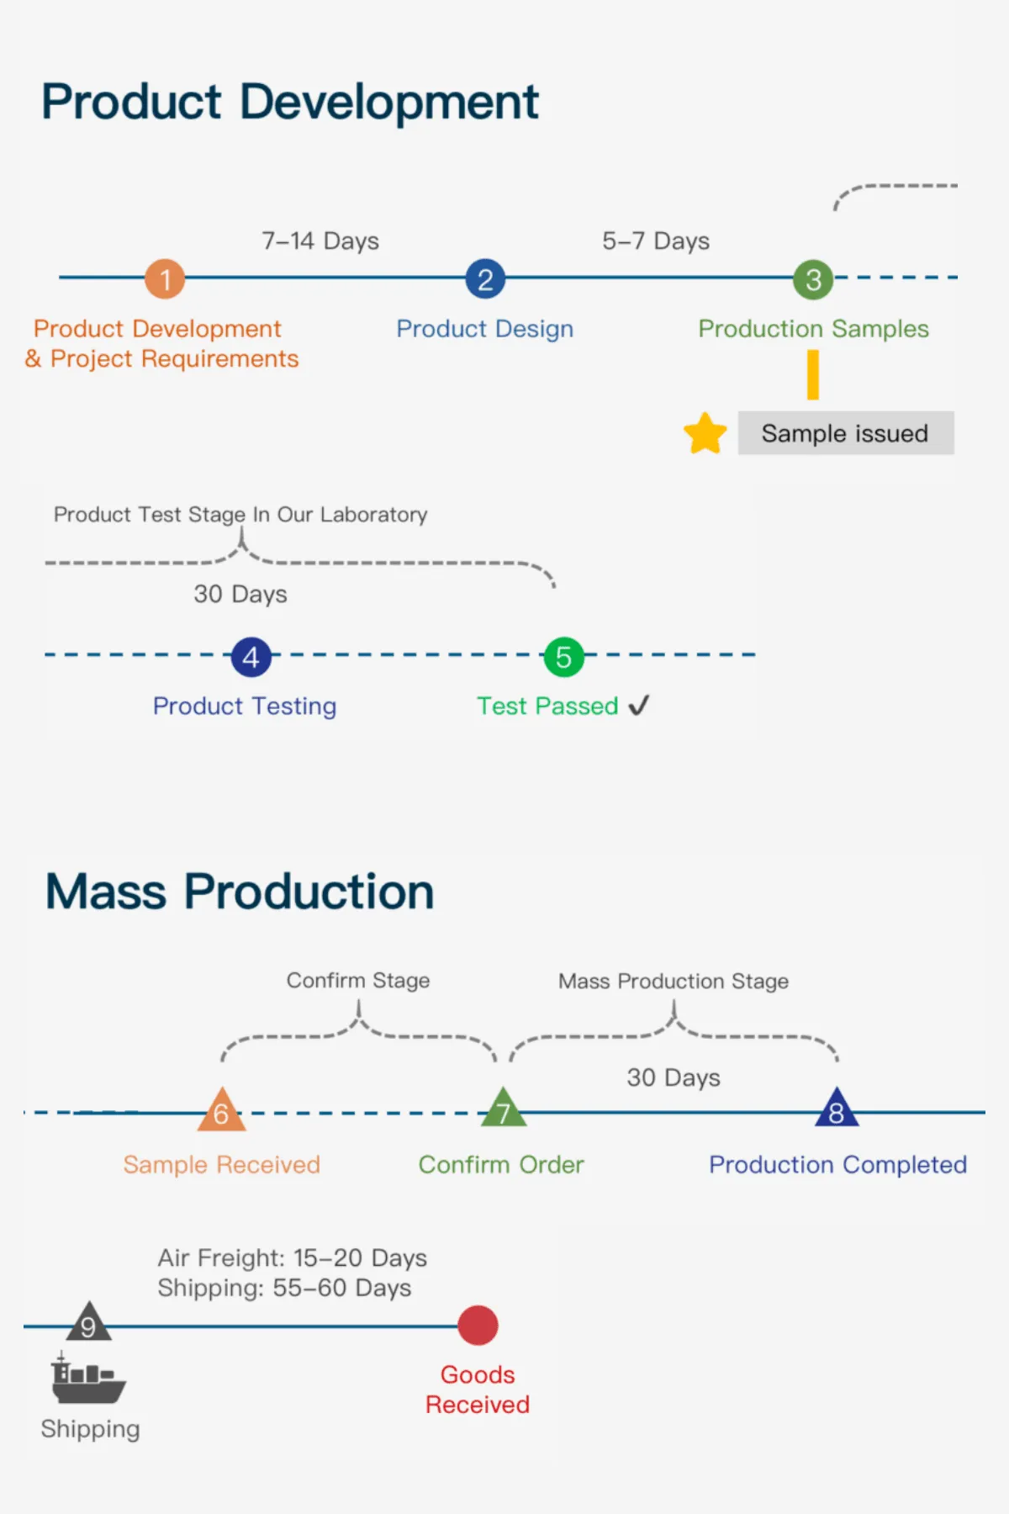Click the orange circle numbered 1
tap(165, 278)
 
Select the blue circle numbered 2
tap(485, 278)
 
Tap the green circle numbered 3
tap(813, 279)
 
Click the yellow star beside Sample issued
tap(705, 434)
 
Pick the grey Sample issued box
tap(845, 433)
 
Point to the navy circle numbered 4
tap(251, 657)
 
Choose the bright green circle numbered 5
tap(563, 657)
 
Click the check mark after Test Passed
tap(639, 705)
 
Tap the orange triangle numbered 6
tap(221, 1111)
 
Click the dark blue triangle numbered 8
tap(836, 1109)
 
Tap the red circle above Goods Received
tap(478, 1325)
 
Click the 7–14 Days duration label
tap(320, 241)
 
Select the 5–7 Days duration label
tap(656, 241)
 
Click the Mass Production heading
tap(240, 892)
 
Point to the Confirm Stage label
tap(358, 980)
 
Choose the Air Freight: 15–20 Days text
tap(292, 1257)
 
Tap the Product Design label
tap(485, 328)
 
